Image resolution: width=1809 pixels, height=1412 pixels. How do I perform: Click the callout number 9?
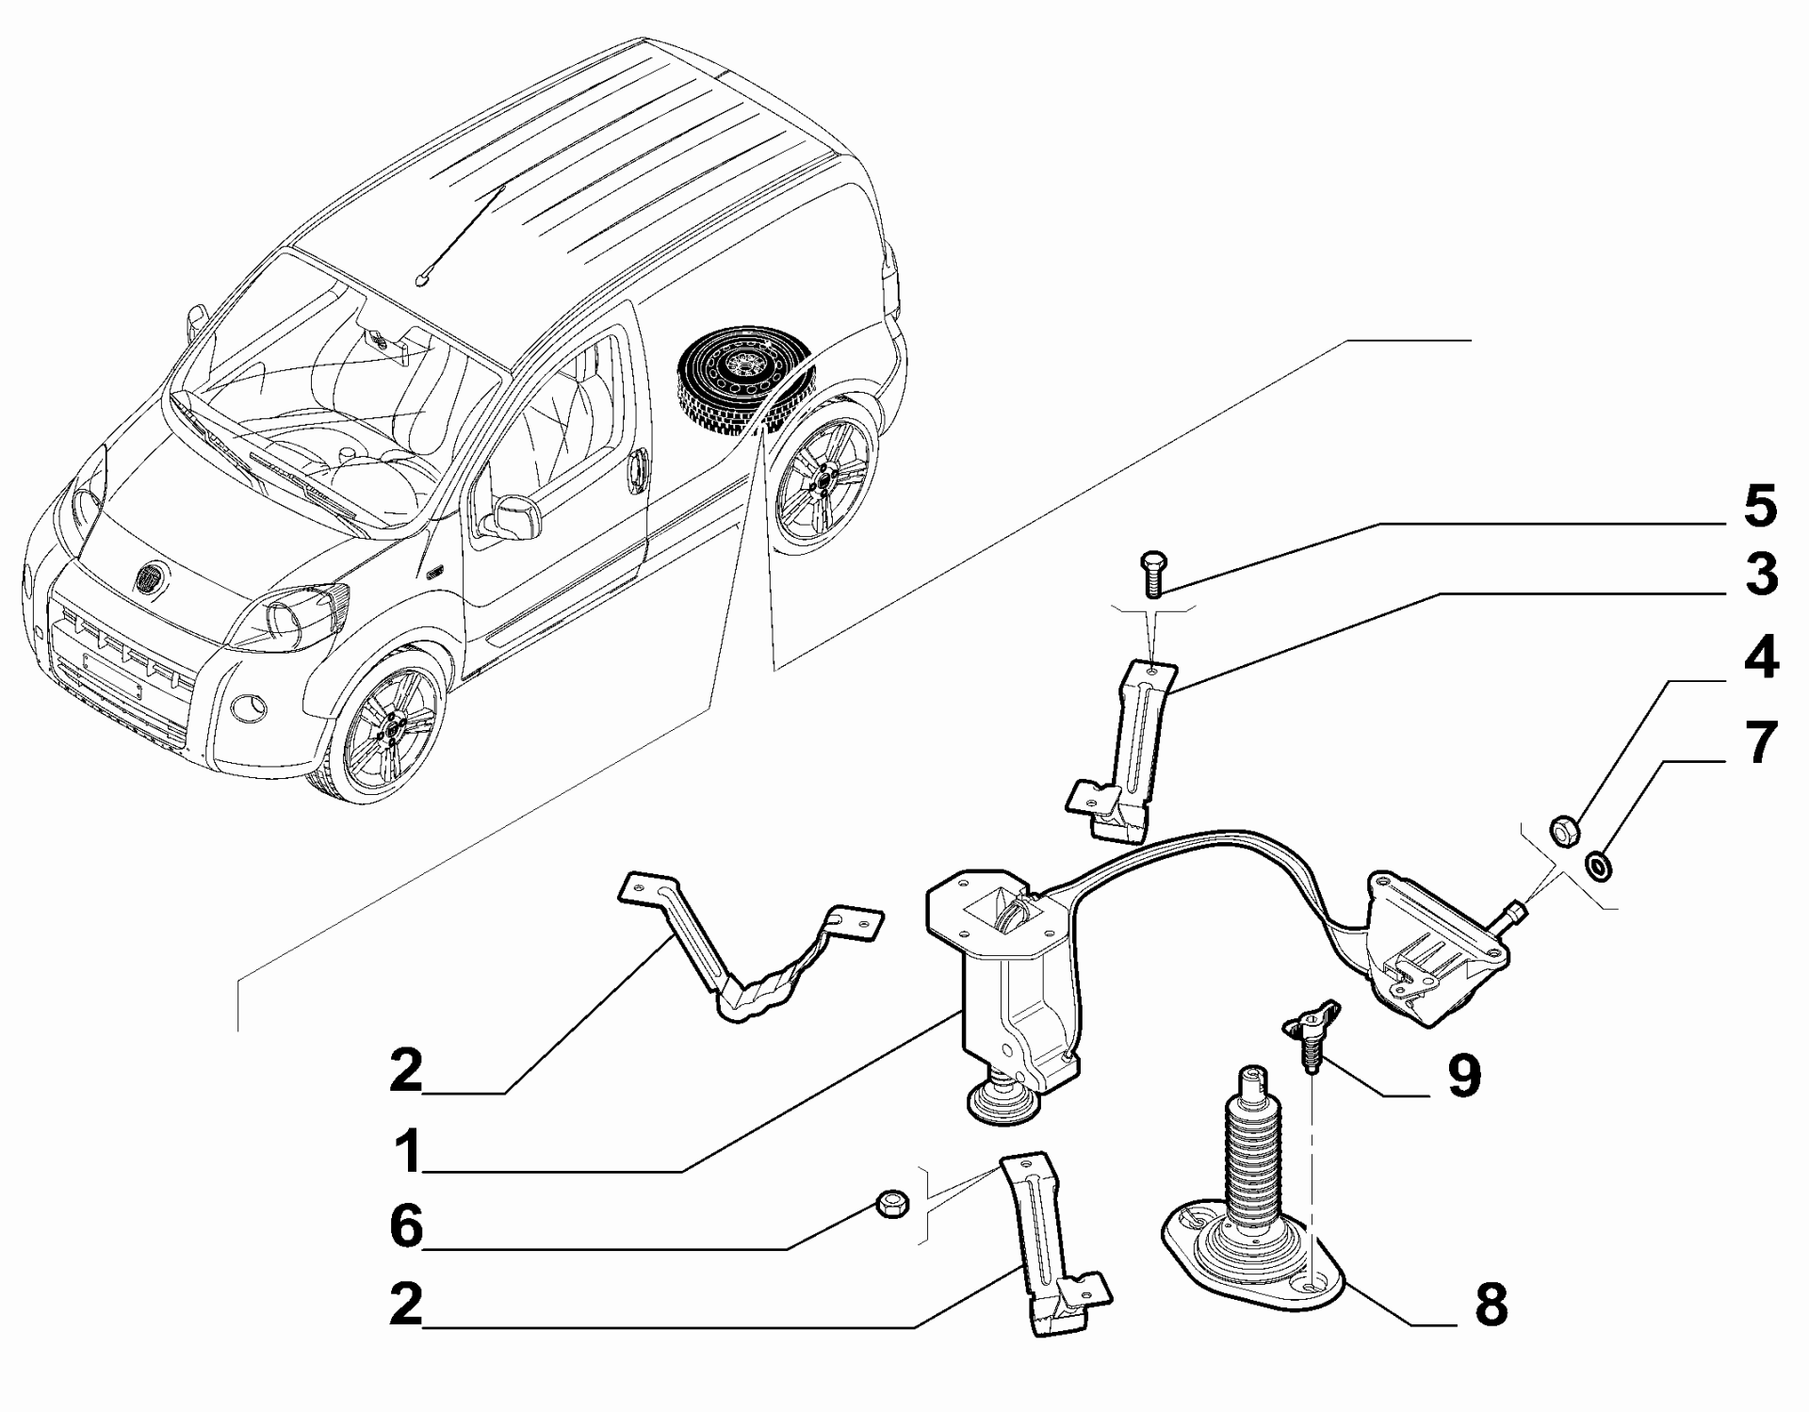click(1463, 1076)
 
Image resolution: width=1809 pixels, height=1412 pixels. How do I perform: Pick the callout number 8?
click(1490, 1306)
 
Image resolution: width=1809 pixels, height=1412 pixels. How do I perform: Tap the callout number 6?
click(407, 1228)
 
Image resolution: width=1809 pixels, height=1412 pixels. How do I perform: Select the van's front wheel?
click(387, 727)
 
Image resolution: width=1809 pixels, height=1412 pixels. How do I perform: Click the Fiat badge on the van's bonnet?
click(152, 579)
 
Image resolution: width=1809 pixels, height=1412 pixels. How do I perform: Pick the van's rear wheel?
click(823, 479)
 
